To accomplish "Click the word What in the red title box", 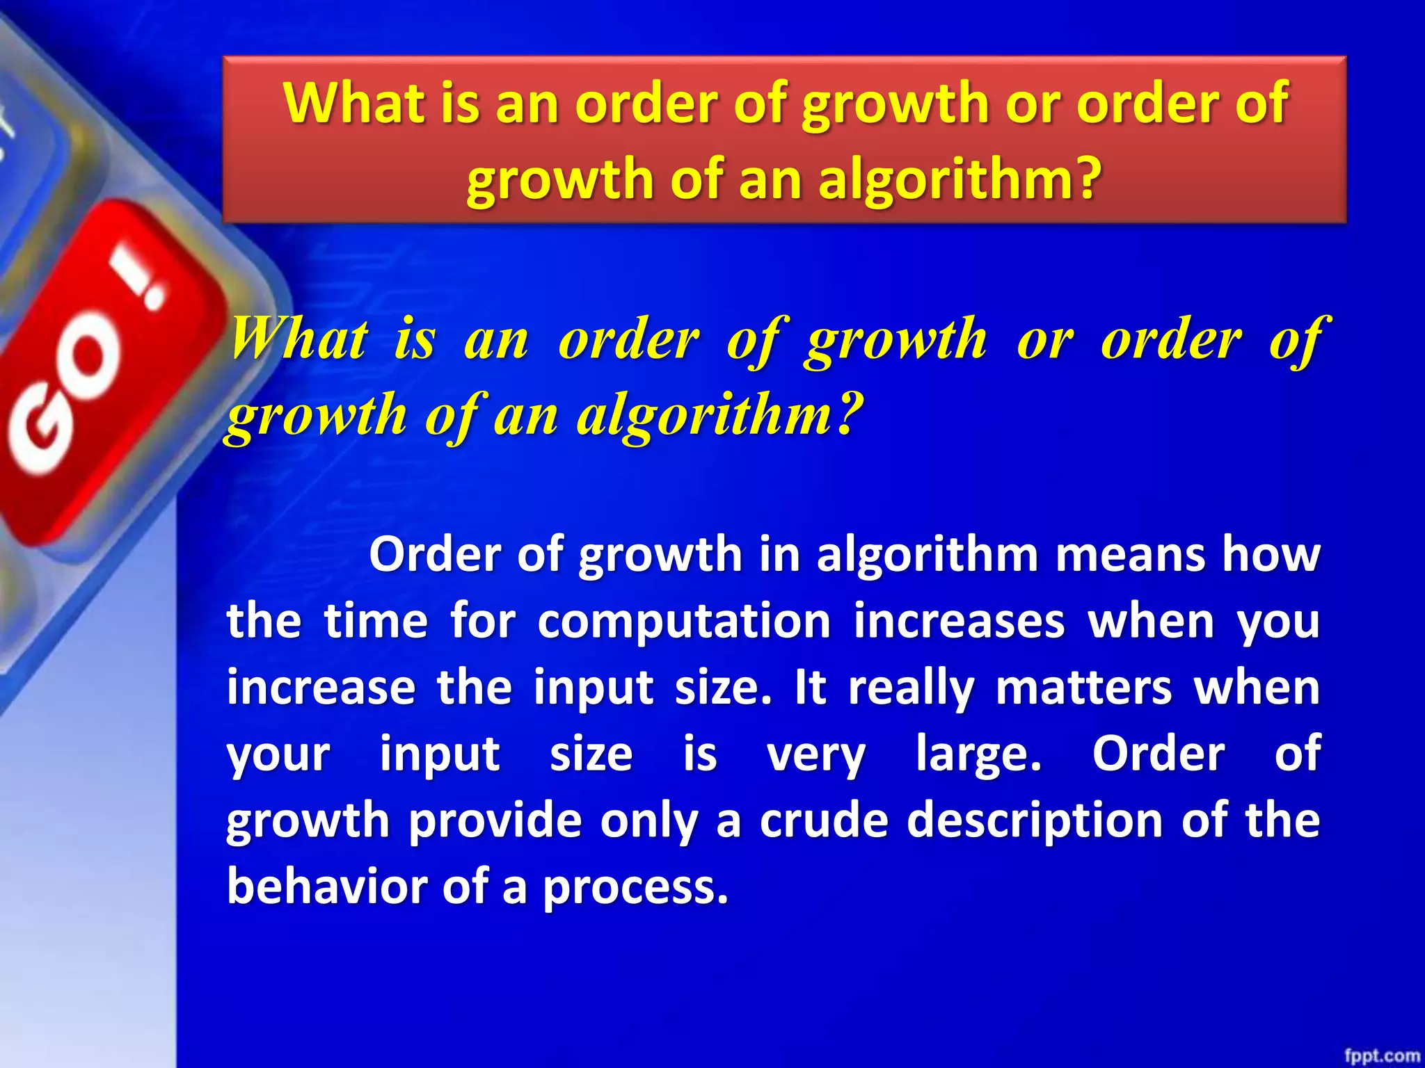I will [x=353, y=103].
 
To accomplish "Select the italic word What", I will [x=299, y=339].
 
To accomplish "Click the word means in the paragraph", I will [x=1131, y=555].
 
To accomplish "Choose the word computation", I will [x=684, y=621].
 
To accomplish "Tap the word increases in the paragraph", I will [x=960, y=621].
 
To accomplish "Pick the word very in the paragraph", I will [x=816, y=754].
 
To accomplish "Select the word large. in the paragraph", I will [x=979, y=754].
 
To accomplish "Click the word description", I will [x=1035, y=820].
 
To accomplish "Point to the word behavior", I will [x=327, y=887].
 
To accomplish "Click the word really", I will [x=911, y=688].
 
